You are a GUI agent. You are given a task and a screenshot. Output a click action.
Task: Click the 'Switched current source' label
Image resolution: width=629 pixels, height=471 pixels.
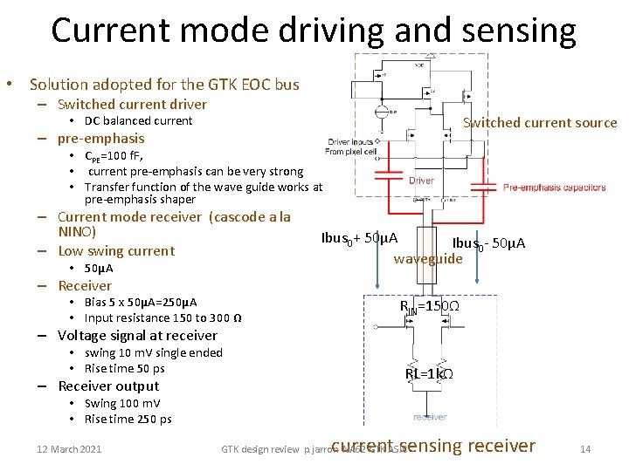point(539,123)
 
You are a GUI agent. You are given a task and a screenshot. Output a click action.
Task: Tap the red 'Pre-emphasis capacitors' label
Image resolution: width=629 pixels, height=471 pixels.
point(554,188)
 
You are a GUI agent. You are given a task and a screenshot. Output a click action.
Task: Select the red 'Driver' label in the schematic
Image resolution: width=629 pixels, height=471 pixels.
point(421,181)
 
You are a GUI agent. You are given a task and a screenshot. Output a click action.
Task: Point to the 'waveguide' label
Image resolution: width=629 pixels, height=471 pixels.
point(427,258)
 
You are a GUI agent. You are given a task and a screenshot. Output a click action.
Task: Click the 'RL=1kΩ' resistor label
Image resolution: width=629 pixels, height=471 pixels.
point(428,374)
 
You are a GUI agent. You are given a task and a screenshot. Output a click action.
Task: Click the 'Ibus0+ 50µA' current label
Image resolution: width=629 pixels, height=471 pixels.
point(359,238)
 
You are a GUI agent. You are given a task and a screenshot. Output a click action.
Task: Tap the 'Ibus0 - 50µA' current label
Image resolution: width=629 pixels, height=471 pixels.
point(488,243)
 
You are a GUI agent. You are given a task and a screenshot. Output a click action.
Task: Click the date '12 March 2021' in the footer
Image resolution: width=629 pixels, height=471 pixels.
point(69,449)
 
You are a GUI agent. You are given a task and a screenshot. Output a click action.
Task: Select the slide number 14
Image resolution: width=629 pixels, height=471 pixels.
point(585,449)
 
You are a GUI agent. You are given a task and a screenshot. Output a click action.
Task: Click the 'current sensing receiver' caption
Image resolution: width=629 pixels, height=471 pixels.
point(433,446)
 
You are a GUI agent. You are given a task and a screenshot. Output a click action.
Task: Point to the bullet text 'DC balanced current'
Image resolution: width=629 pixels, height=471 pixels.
point(138,120)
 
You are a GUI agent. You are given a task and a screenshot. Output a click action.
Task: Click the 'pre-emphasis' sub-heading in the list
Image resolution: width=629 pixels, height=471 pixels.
point(100,138)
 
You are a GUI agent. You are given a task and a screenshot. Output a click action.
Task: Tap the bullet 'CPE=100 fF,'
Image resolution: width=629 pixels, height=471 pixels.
point(117,157)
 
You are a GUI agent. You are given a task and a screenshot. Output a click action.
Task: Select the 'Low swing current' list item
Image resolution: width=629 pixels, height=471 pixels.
point(116,250)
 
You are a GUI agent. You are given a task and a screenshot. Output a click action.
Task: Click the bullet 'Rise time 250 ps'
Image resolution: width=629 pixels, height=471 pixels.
point(128,419)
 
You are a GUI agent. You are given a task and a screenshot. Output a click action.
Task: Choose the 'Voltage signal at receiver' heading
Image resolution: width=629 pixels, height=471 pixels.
point(137,335)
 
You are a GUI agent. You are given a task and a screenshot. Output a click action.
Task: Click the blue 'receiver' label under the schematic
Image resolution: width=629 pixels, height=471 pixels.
point(430,417)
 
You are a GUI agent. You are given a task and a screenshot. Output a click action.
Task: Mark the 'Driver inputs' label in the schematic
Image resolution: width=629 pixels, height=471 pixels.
point(350,141)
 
